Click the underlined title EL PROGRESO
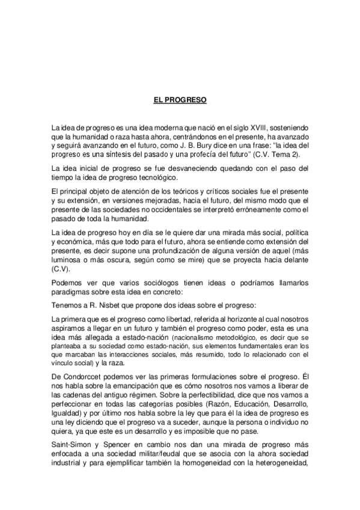tap(180, 100)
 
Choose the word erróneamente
tap(231, 209)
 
